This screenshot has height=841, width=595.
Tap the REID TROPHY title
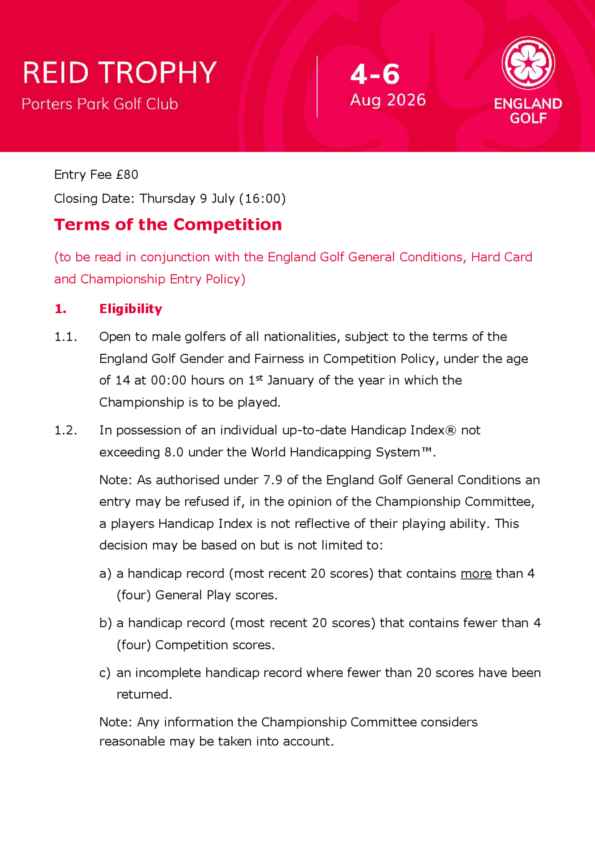[x=120, y=73]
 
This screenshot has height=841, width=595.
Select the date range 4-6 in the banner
[x=375, y=74]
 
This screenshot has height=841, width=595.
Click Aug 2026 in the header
[x=388, y=100]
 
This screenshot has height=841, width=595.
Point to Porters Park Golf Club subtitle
[x=100, y=104]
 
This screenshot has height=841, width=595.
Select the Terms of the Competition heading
[x=168, y=224]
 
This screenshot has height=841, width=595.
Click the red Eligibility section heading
[x=131, y=309]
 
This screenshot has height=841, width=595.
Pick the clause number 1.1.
[x=66, y=337]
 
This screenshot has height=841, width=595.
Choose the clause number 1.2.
[x=66, y=430]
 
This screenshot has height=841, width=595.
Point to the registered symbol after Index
[x=450, y=430]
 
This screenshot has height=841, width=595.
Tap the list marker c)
[x=104, y=673]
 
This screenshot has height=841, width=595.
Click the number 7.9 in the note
[x=273, y=480]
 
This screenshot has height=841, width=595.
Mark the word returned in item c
[x=144, y=694]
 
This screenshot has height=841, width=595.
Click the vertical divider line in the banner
[x=317, y=87]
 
